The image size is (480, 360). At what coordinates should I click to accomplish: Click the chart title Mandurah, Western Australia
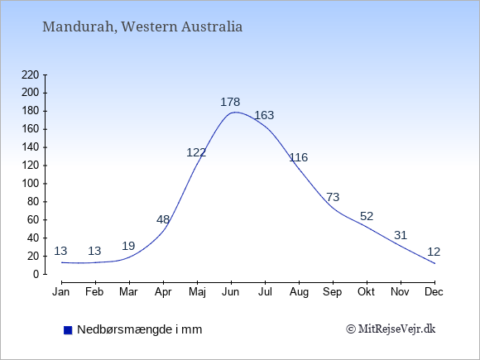tap(142, 26)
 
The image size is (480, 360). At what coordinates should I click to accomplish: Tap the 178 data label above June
tap(230, 102)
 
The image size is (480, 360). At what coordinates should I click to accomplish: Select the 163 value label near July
tap(264, 115)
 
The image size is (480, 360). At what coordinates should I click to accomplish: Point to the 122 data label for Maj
tap(196, 152)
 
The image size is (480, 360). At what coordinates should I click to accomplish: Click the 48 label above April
tap(163, 219)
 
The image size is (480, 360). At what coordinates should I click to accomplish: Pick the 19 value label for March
tap(128, 246)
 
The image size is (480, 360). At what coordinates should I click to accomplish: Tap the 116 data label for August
tap(299, 157)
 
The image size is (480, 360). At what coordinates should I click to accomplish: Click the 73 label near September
tap(333, 197)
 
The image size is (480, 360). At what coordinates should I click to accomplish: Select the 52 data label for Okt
tap(367, 217)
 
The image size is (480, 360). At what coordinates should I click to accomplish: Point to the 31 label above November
tap(401, 235)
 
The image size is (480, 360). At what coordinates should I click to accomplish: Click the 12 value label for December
tap(434, 252)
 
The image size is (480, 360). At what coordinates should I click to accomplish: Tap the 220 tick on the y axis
tap(31, 74)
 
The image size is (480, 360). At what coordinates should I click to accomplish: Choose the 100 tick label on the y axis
tap(31, 184)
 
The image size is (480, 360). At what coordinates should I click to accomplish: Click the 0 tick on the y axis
tap(36, 274)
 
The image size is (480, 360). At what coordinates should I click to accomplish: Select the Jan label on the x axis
tap(61, 292)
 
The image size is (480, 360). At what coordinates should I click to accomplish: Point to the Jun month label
tap(231, 292)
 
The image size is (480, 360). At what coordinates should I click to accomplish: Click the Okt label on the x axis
tap(366, 292)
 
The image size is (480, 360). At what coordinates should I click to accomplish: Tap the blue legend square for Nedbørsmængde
tap(68, 330)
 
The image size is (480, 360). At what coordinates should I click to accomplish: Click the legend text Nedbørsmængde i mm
tap(140, 329)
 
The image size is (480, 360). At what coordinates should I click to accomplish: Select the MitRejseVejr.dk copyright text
tap(391, 329)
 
